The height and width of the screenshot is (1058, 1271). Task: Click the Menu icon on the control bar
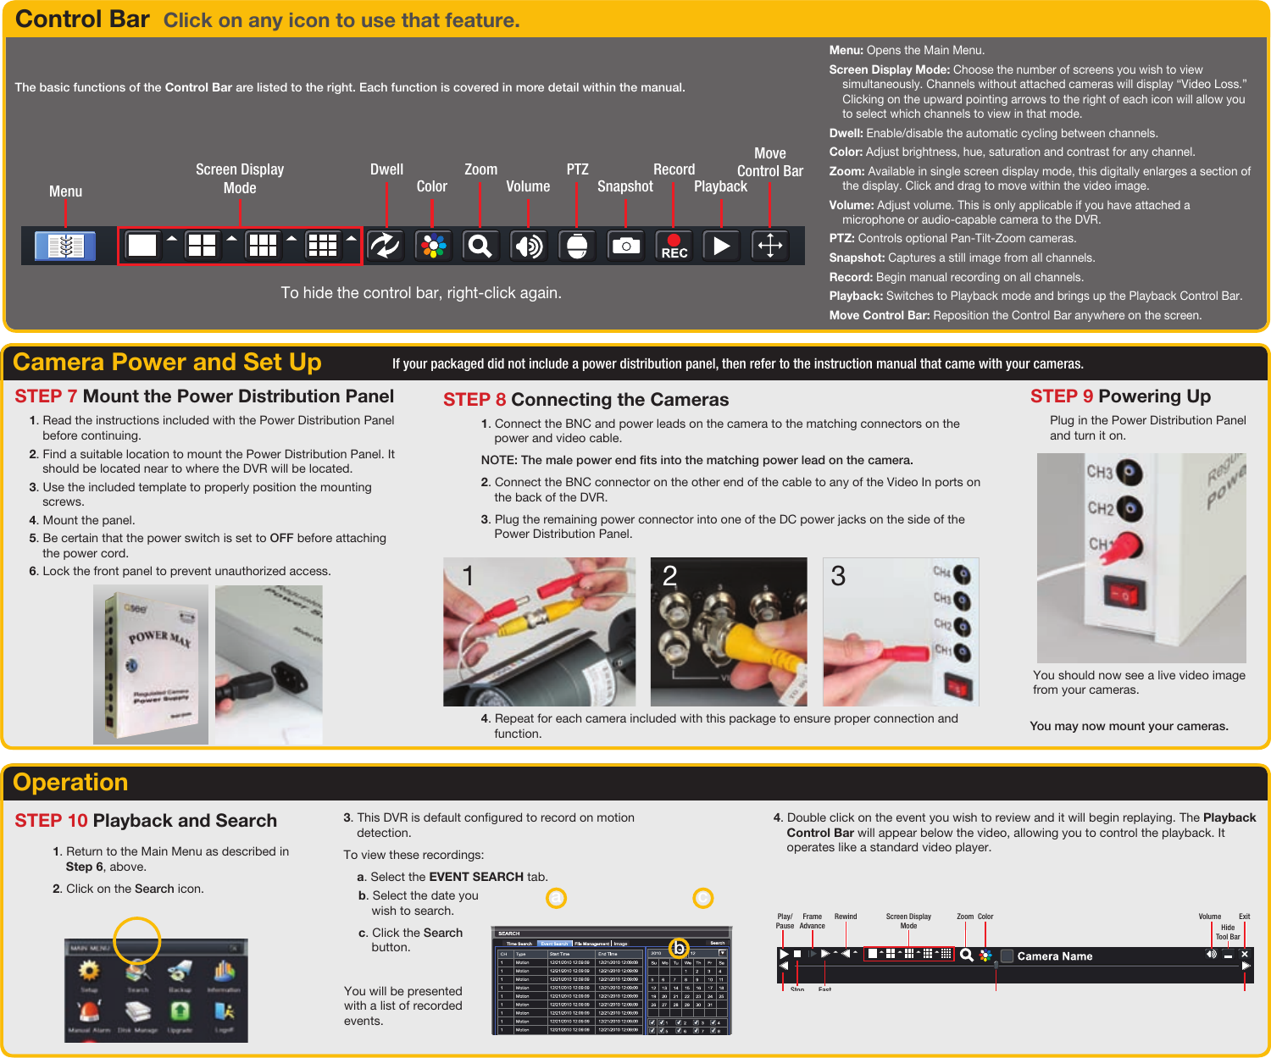coord(65,246)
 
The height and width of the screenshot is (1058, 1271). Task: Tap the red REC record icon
coord(674,246)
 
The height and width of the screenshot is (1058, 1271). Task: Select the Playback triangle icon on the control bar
coord(721,246)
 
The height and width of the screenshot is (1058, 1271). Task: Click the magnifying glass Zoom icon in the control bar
coord(480,246)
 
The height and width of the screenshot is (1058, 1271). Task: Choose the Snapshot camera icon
coord(625,246)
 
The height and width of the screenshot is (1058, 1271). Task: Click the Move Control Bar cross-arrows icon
coord(769,246)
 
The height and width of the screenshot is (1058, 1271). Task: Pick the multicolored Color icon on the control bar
coord(433,246)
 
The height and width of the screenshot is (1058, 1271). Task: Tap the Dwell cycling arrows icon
coord(385,246)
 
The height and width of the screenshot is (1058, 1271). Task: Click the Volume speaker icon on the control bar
coord(529,246)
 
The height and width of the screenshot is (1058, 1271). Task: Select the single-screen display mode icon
coord(142,246)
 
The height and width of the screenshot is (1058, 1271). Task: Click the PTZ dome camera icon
coord(577,246)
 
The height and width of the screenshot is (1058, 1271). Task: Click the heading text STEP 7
coord(46,396)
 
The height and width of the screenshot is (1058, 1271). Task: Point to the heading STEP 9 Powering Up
coord(1119,396)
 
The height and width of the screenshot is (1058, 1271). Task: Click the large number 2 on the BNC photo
coord(669,577)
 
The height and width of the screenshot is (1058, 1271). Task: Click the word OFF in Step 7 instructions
coord(281,538)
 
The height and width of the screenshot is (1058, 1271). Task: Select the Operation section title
coord(70,783)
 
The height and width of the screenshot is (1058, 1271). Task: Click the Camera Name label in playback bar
coord(1054,956)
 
